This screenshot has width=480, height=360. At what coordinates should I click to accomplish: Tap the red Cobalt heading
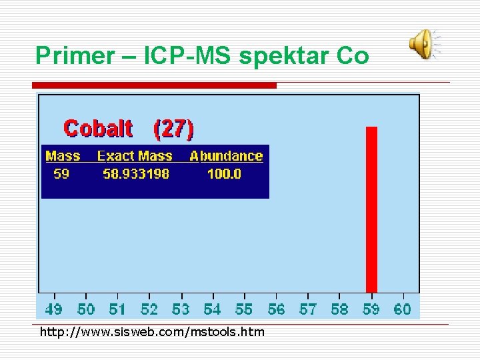point(98,128)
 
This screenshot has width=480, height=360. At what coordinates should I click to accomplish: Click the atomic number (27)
point(173,128)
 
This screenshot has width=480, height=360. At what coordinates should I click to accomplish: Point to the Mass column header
point(63,156)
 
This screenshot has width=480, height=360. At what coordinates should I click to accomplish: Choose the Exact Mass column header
point(135,156)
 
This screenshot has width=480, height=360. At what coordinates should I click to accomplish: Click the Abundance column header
point(226,156)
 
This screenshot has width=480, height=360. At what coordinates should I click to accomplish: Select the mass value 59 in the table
point(61,174)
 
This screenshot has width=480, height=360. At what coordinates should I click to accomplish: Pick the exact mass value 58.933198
point(136,174)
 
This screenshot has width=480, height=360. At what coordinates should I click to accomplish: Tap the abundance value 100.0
point(224,174)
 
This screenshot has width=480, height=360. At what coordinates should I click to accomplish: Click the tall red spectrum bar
point(371,209)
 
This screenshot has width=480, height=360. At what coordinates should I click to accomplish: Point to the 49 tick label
point(54,309)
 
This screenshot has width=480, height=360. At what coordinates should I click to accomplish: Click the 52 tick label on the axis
point(149,309)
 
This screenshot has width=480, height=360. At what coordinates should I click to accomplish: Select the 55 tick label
point(244,309)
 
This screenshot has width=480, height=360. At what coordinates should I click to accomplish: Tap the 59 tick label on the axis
point(371,309)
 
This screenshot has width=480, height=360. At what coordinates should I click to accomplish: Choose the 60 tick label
point(403,309)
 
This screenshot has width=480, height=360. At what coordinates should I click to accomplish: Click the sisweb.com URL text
point(152,332)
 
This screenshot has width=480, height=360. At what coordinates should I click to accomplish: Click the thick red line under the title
point(155,85)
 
